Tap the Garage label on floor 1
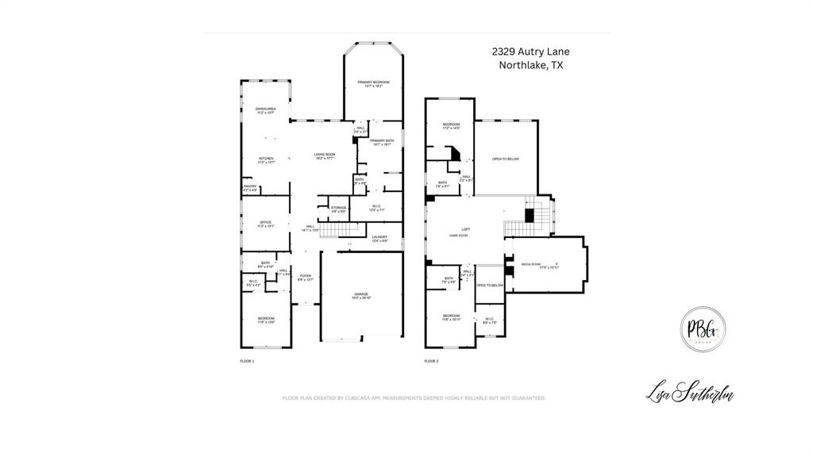[x=361, y=295]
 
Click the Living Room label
[x=324, y=156]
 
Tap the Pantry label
[x=249, y=188]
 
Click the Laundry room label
[x=380, y=238]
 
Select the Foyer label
[x=306, y=278]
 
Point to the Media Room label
[x=530, y=265]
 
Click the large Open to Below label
[x=506, y=159]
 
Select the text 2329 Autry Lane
[x=530, y=52]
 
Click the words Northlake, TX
[x=530, y=66]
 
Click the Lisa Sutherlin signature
[x=689, y=391]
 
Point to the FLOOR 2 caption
[x=431, y=361]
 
